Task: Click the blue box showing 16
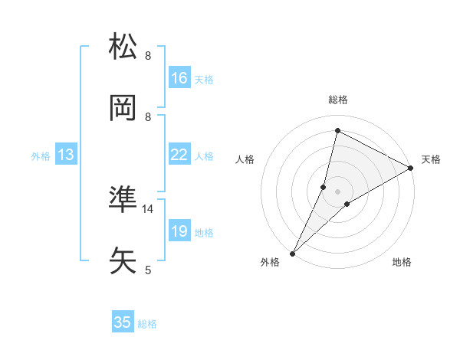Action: point(179,78)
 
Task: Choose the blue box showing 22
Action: point(179,155)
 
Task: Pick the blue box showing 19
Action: point(179,231)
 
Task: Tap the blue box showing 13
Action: point(66,155)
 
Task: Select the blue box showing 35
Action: point(123,322)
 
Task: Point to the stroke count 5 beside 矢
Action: point(149,270)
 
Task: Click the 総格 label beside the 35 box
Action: point(147,323)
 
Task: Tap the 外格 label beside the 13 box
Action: point(41,155)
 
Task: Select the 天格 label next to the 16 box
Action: point(204,79)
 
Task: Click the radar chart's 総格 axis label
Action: point(337,100)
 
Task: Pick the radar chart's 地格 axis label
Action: point(402,263)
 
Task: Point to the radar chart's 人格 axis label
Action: point(245,159)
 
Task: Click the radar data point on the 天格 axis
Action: point(411,169)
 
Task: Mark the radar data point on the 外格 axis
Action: point(292,253)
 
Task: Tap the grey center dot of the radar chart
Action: point(337,191)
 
